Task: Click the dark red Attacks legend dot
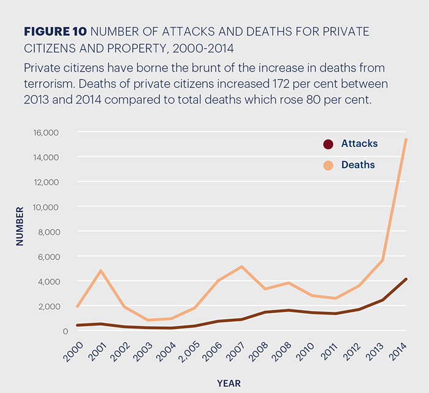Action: coord(328,144)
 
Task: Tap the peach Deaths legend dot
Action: coord(328,165)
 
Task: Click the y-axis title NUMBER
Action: coord(20,226)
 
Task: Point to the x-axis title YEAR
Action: coord(229,384)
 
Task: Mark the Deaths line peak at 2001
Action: coord(101,271)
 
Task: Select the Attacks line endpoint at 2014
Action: coord(406,279)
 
